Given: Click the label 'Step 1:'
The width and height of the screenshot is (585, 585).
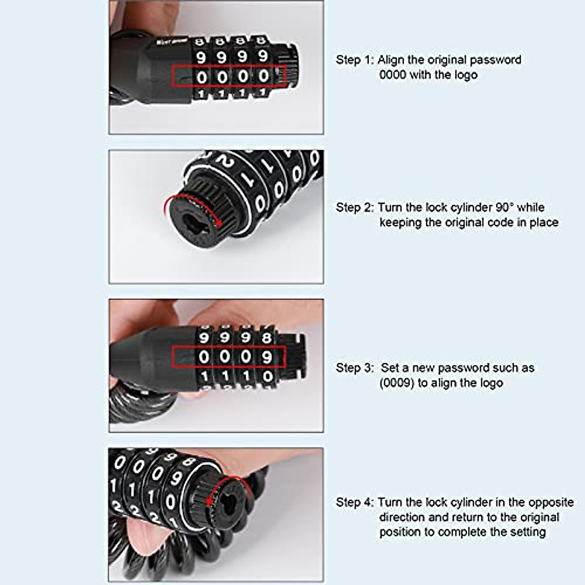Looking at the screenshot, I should coord(354,60).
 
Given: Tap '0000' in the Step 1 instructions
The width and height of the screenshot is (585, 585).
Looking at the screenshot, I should coord(393,75).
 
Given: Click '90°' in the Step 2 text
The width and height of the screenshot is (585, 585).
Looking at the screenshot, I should coord(505,208).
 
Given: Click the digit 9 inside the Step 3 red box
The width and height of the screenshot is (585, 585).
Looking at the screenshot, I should coord(267,357).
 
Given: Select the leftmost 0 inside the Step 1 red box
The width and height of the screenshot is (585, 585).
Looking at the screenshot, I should coord(201,77).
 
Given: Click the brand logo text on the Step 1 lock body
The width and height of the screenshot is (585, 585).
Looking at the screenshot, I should coord(168,42).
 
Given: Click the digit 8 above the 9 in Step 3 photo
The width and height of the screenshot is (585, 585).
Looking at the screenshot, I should coord(267,337).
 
